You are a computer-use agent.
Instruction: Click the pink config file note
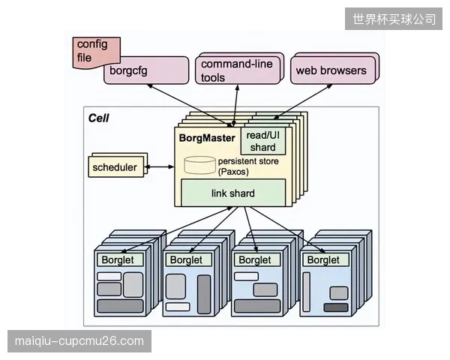pos(96,52)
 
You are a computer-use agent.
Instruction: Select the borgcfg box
pos(146,70)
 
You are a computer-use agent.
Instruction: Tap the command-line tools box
pos(238,70)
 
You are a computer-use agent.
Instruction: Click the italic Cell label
pos(98,118)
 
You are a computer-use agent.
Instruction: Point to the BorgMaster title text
pos(207,138)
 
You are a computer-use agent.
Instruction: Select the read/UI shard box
pos(263,141)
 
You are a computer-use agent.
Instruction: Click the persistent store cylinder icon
pos(199,165)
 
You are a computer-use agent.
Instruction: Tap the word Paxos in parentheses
pos(233,172)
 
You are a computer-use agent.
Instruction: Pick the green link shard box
pos(233,193)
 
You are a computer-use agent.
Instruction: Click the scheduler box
pos(115,166)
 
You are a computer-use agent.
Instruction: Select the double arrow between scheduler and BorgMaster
pos(159,166)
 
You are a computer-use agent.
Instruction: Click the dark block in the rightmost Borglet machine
pos(336,307)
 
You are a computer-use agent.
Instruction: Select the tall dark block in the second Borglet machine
pos(204,294)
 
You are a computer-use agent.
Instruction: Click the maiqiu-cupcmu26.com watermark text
pos(79,341)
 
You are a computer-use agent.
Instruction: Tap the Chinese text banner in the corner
pos(394,19)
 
